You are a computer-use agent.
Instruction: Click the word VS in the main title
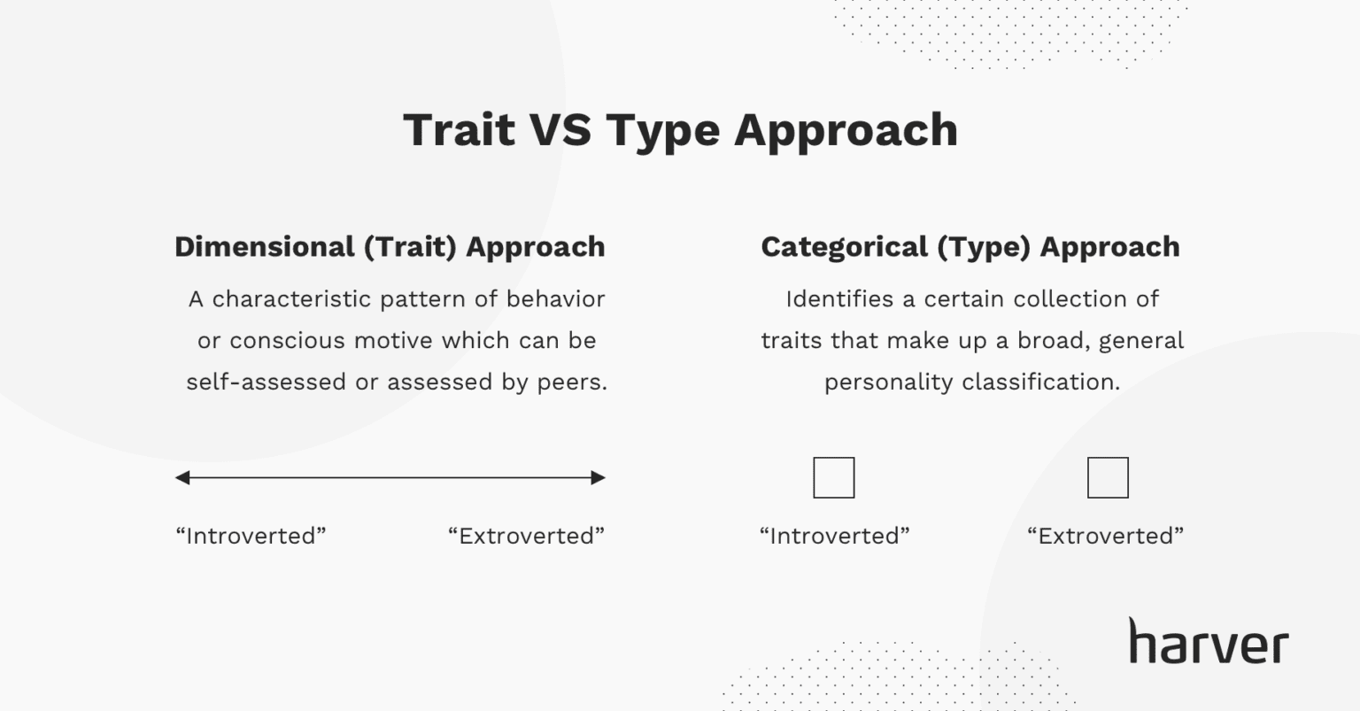click(x=560, y=130)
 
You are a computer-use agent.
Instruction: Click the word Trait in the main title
click(x=459, y=130)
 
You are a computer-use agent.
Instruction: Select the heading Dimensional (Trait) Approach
click(x=390, y=247)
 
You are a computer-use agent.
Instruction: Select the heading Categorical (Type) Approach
click(x=970, y=247)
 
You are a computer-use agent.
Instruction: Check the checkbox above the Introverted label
click(x=834, y=478)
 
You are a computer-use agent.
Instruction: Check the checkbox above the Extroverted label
click(x=1108, y=478)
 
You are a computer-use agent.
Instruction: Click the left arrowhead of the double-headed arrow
click(x=182, y=478)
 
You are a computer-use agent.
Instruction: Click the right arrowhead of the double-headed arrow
click(x=599, y=478)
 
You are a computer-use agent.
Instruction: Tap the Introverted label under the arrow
click(x=251, y=536)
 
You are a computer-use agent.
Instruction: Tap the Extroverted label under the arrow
click(x=526, y=536)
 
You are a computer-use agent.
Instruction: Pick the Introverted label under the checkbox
click(x=835, y=536)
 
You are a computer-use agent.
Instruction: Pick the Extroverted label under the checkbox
click(x=1105, y=536)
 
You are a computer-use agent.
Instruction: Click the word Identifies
click(x=839, y=299)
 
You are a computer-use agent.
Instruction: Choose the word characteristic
click(x=291, y=299)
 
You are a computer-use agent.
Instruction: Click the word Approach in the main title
click(x=846, y=130)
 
